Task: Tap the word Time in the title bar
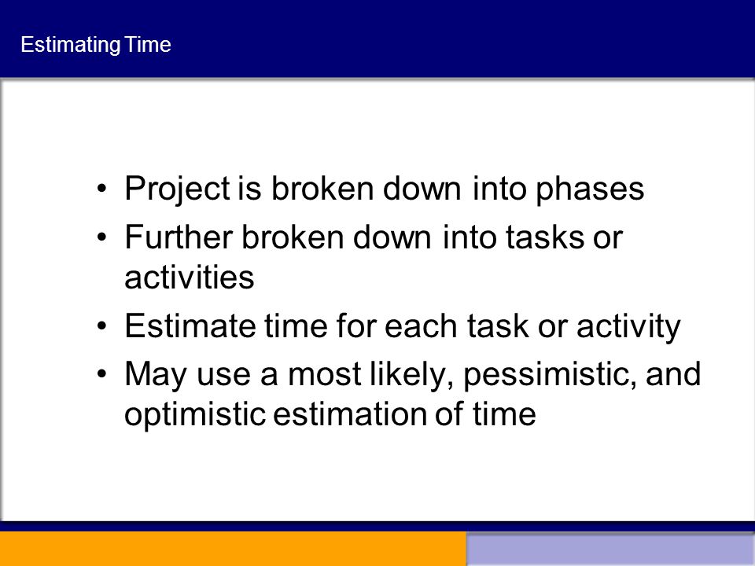[x=148, y=44]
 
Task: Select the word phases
[x=590, y=189]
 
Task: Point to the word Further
[x=179, y=237]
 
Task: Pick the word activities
[x=190, y=277]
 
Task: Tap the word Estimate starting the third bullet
[x=190, y=325]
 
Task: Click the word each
[x=421, y=325]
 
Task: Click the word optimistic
[x=195, y=414]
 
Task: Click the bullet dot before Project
[x=101, y=188]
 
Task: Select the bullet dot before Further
[x=101, y=237]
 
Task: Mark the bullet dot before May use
[x=101, y=374]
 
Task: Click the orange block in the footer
[x=233, y=549]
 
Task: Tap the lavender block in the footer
[x=610, y=550]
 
